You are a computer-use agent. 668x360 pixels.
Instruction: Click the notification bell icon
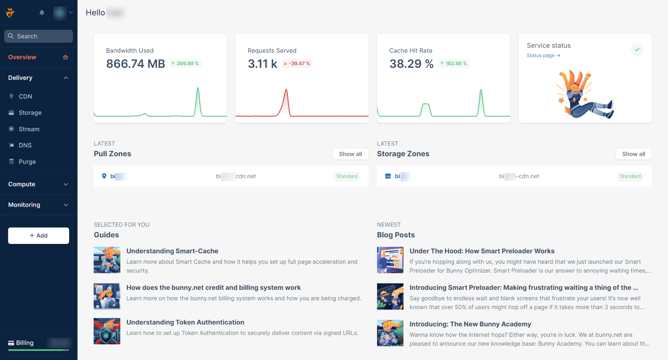tap(42, 13)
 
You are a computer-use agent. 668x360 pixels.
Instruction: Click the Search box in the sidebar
tap(38, 36)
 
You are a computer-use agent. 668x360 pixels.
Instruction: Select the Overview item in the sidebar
tap(22, 57)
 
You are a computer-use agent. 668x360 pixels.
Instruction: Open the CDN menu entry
tap(25, 97)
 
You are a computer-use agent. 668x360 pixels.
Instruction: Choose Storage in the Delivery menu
tap(30, 113)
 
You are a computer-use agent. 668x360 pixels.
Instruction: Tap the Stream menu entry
tap(29, 129)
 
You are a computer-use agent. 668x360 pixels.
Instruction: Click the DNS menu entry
tap(25, 145)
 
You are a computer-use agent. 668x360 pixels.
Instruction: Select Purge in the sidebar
tap(27, 162)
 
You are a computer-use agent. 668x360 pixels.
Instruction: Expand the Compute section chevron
tap(66, 184)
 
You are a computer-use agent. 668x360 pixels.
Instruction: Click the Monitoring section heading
tap(24, 205)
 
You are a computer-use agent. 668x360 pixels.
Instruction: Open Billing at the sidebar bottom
tap(25, 343)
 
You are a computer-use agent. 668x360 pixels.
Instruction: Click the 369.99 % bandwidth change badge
tap(185, 64)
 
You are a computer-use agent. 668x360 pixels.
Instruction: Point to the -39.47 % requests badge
tap(297, 64)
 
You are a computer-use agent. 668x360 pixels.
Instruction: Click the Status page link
tap(543, 55)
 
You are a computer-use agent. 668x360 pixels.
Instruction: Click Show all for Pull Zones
tap(350, 154)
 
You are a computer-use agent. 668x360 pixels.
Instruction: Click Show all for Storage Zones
tap(633, 154)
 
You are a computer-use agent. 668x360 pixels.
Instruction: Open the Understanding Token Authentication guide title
tap(185, 322)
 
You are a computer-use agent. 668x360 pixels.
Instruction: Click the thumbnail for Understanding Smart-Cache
tap(107, 260)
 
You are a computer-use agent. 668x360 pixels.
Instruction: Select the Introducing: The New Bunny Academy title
tap(470, 324)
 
